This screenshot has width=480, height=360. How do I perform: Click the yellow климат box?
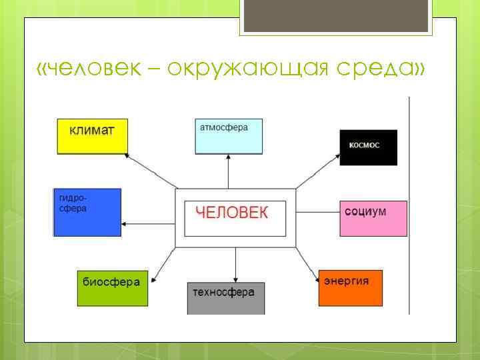pos(91,137)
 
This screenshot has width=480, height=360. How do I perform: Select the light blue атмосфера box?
pos(229,136)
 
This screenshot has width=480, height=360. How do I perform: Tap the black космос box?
pos(368,147)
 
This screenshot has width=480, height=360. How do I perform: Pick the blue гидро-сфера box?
pos(87,212)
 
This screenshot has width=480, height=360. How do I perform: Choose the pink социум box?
pos(373,217)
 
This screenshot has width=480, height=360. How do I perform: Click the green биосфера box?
pos(111,287)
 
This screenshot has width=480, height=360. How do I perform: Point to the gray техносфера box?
pos(225,297)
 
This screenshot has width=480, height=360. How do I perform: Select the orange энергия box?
pos(350,287)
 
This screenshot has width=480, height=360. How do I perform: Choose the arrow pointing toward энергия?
pos(307,264)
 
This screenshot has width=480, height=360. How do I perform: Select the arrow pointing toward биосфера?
pos(164,263)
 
